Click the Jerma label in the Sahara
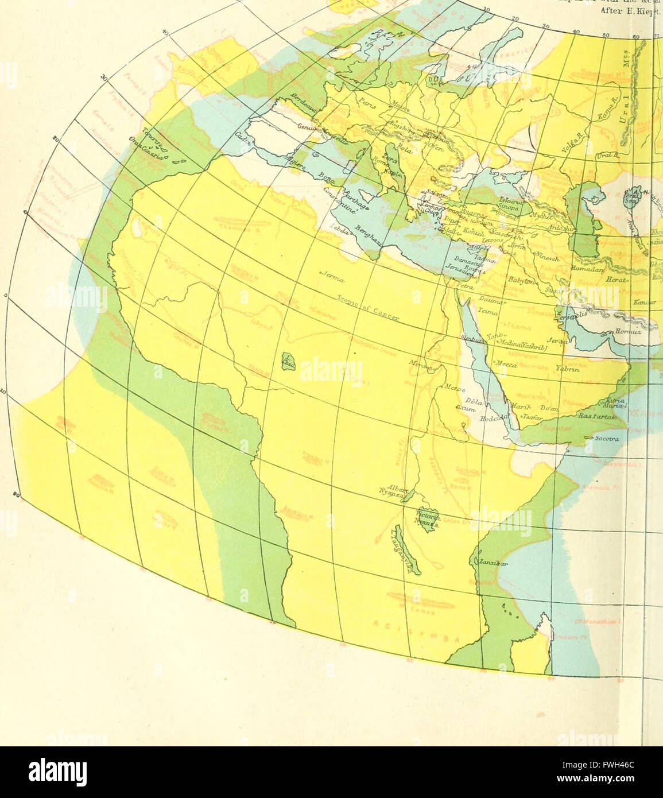tap(330, 277)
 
